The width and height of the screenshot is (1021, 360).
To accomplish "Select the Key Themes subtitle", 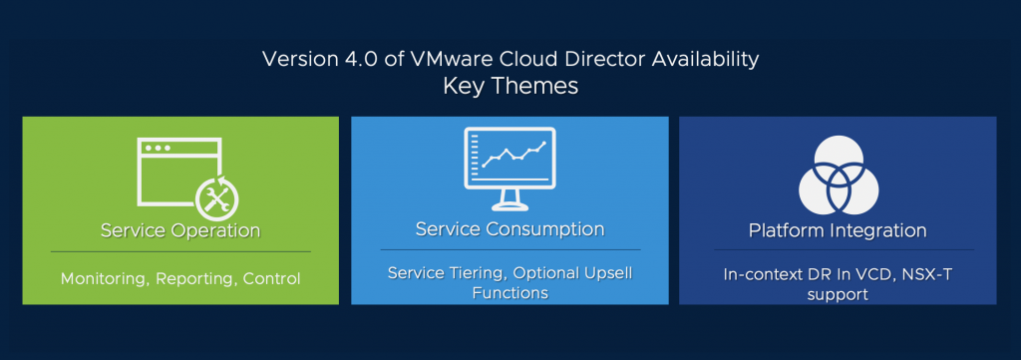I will pos(510,86).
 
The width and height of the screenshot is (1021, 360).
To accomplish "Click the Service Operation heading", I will pos(180,230).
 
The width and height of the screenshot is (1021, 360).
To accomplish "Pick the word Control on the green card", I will pos(271,278).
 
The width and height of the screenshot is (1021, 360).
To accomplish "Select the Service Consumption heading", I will pos(510,229).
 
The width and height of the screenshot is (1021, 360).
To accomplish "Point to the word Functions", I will pos(510,293).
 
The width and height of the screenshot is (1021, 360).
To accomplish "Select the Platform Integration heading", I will pos(838,230).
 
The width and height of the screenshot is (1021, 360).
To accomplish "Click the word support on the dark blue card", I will pos(838,295).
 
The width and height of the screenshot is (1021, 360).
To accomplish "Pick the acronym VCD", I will pos(844,274).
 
